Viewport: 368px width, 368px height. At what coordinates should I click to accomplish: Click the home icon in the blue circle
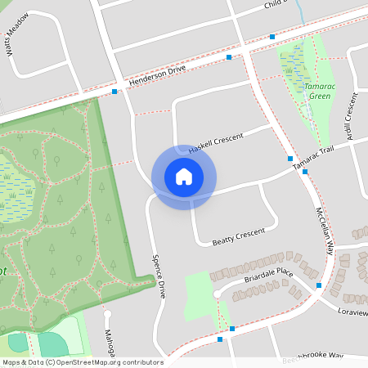coord(184,177)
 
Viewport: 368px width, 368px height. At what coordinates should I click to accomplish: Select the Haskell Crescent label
coord(217,143)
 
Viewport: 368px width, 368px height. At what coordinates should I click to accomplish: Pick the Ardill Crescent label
coord(351,116)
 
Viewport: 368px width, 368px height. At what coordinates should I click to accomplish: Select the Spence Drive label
coord(158,276)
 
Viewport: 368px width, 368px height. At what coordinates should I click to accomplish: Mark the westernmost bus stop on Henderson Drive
coord(115,92)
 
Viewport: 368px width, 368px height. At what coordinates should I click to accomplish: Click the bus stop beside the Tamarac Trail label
coord(290,158)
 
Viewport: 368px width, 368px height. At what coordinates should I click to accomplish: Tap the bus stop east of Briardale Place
coord(319,285)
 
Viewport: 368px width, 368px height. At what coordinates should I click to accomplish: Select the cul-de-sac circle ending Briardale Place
coord(217,293)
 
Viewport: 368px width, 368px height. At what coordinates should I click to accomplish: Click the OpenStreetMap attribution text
coord(83,362)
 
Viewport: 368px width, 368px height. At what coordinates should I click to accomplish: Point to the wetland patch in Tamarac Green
coord(293,61)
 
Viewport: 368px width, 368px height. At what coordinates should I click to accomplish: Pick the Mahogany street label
coord(106,342)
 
